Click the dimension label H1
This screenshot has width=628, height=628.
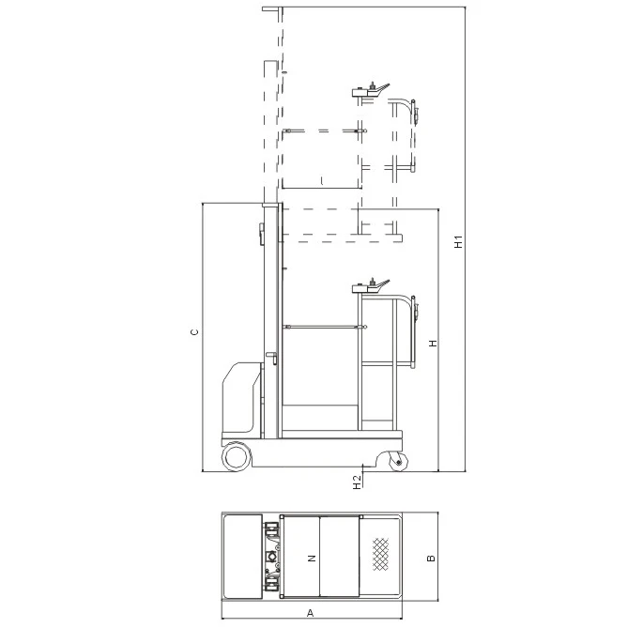click(x=459, y=241)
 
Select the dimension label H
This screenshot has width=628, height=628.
click(x=433, y=344)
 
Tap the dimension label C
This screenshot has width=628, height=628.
click(x=194, y=332)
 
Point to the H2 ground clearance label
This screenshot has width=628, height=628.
click(x=358, y=482)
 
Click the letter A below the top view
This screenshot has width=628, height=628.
click(x=310, y=613)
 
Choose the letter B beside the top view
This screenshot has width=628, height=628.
click(x=431, y=558)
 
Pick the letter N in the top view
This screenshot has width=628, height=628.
click(x=312, y=558)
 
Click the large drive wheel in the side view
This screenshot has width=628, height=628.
click(x=237, y=456)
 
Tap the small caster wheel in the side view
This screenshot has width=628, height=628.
click(x=399, y=462)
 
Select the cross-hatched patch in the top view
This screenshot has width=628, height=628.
click(x=380, y=554)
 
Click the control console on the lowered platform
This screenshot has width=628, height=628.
click(x=370, y=286)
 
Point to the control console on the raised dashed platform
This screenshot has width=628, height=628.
click(x=370, y=90)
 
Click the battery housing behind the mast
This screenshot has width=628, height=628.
click(x=241, y=398)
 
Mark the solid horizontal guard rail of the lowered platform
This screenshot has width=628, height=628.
click(x=325, y=328)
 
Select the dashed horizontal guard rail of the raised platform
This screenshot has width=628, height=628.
click(x=325, y=130)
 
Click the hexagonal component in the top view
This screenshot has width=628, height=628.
click(x=270, y=556)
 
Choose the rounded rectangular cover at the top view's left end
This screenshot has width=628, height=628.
click(x=243, y=557)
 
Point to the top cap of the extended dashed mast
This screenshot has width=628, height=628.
click(x=272, y=8)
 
